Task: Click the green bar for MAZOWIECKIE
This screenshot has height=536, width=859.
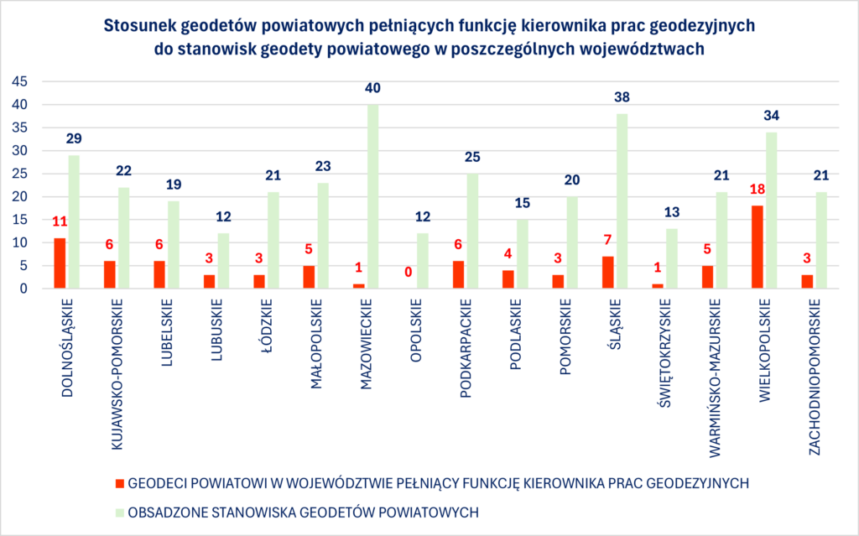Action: click(373, 197)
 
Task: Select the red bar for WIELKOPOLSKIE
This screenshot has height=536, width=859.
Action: click(757, 247)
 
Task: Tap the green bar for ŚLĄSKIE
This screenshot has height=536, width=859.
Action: click(622, 201)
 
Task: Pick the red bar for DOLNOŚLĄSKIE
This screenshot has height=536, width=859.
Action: click(59, 263)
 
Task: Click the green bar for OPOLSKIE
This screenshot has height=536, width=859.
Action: click(423, 261)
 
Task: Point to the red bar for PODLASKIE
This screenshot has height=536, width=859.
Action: click(508, 279)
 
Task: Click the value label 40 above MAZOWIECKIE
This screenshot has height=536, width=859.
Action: click(373, 87)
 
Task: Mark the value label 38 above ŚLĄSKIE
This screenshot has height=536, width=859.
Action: click(622, 96)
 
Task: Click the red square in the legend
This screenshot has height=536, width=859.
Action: click(119, 483)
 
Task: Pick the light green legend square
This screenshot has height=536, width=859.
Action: click(119, 511)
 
